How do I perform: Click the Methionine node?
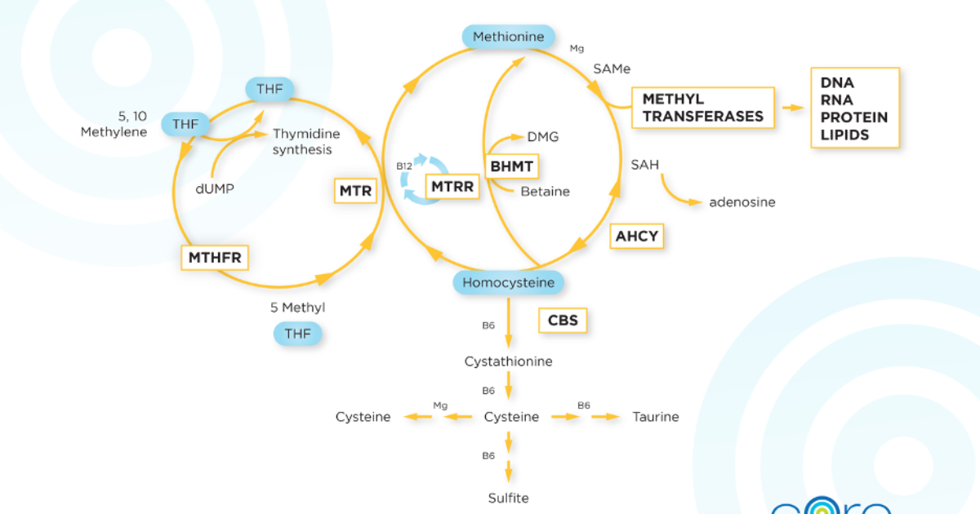pos(508,37)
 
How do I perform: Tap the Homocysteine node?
pos(508,282)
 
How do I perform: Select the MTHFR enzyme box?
pos(215,258)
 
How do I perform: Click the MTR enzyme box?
pos(355,191)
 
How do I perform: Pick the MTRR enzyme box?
pos(452,187)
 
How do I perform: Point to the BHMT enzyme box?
pos(512,166)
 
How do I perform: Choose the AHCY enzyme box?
pos(636,237)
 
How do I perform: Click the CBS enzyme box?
pos(563,321)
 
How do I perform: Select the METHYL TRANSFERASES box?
pos(703,108)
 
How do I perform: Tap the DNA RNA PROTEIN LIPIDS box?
pos(855,108)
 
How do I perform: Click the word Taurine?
pos(656,417)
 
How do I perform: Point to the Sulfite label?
pos(508,498)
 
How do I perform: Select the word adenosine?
pos(742,202)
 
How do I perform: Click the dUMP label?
pos(215,188)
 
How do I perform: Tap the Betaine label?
pos(546,192)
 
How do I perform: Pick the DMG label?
pos(543,137)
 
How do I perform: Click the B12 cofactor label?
pos(404,166)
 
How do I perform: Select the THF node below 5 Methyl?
pos(298,334)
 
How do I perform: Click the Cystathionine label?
pos(508,361)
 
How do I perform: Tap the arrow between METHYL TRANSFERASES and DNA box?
pos(793,108)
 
